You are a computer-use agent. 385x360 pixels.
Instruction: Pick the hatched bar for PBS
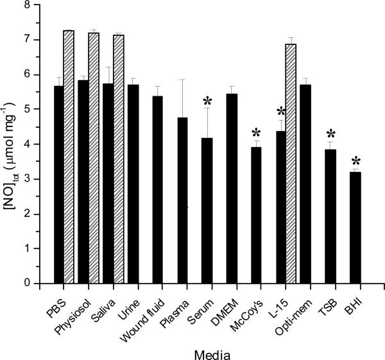(69, 157)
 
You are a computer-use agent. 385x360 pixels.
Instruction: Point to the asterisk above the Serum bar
(207, 101)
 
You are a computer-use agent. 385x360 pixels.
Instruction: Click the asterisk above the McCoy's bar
(257, 133)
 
